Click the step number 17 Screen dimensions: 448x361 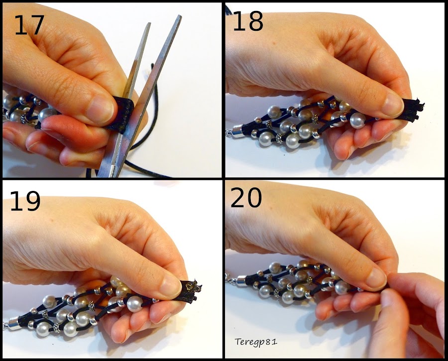pyautogui.click(x=29, y=25)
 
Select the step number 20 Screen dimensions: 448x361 pyautogui.click(x=246, y=197)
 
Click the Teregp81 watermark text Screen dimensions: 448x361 pyautogui.click(x=256, y=342)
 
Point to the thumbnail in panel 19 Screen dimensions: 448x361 pyautogui.click(x=171, y=284)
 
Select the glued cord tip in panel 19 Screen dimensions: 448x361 pyautogui.click(x=192, y=290)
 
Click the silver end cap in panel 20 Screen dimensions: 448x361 pyautogui.click(x=240, y=279)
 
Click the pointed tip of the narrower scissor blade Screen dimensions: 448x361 pyautogui.click(x=149, y=23)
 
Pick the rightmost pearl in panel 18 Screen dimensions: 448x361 pyautogui.click(x=357, y=120)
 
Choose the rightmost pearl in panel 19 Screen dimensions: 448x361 pyautogui.click(x=134, y=304)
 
